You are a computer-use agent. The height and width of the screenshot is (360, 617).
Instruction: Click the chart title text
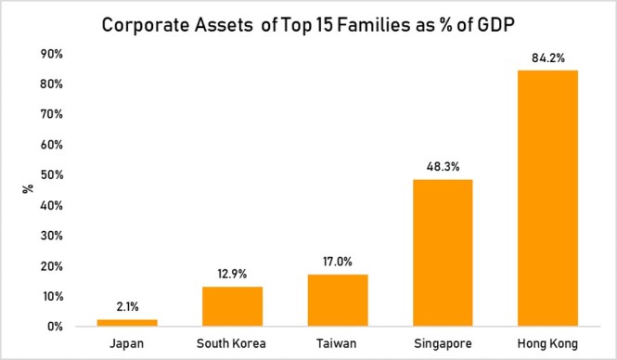tap(309, 26)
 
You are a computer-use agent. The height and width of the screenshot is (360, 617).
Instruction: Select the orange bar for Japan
tap(128, 322)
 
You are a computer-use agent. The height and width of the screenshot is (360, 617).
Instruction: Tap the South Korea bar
tap(231, 306)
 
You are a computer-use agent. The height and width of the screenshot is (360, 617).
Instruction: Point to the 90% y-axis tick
tap(50, 54)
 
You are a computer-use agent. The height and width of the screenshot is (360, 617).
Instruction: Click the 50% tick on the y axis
tap(50, 175)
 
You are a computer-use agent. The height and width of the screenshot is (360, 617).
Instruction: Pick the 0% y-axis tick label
tap(54, 327)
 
